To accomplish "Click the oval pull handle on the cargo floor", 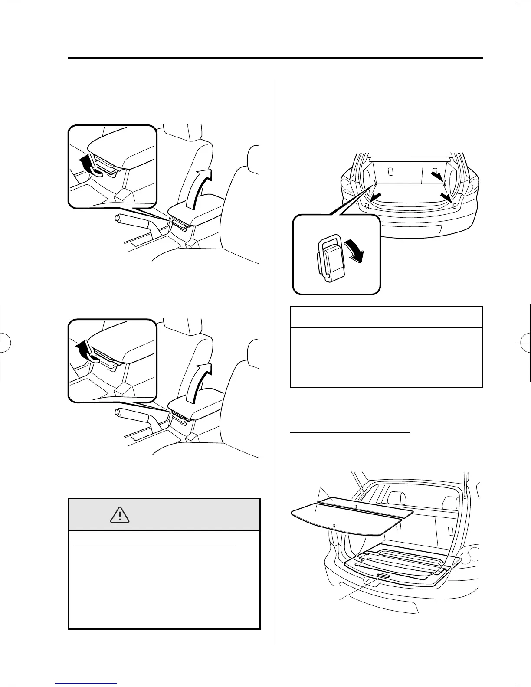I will click(383, 576).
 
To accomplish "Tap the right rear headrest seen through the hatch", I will click(449, 503).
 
